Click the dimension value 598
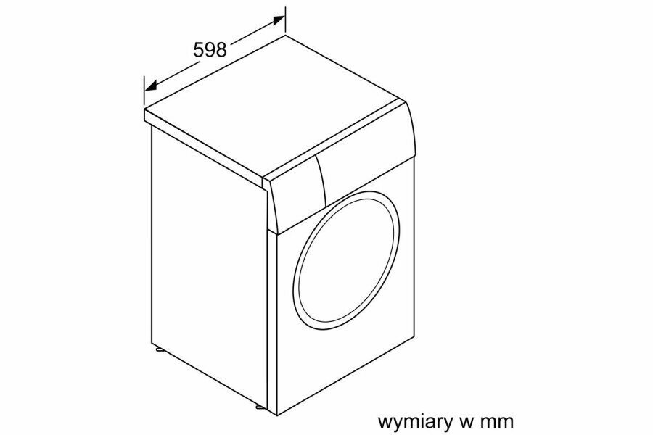pos(210,49)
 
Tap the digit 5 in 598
pos(198,49)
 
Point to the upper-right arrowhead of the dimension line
pos(279,20)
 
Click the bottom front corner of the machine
pos(269,413)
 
